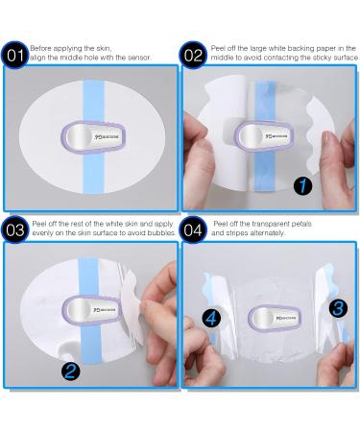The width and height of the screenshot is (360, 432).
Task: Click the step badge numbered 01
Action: [14, 54]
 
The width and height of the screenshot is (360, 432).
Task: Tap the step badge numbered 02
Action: [194, 55]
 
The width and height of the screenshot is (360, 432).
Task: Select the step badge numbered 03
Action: [14, 229]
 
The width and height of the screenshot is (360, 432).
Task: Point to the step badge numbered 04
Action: [194, 229]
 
